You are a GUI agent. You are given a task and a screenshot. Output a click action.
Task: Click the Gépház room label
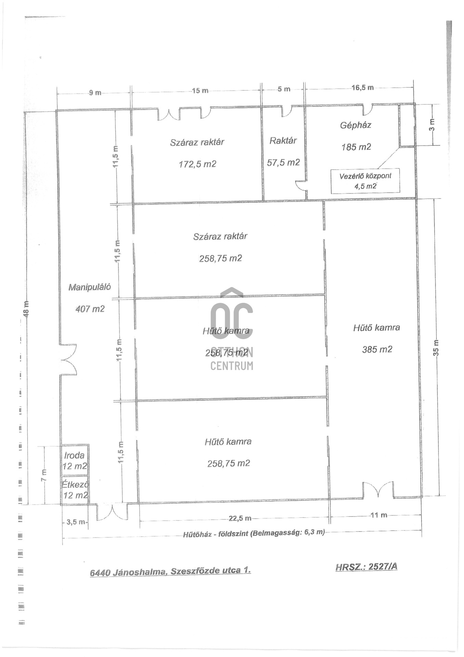[x=355, y=125]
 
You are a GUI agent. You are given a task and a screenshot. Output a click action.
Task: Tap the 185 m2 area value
[x=356, y=147]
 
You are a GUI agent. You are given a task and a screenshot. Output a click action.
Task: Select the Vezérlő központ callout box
[x=365, y=181]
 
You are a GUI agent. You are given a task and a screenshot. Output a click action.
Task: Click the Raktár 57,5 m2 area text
[x=283, y=163]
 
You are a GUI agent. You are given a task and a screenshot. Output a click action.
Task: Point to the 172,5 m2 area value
[x=198, y=164]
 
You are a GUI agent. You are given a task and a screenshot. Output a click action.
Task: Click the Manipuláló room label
[x=90, y=287]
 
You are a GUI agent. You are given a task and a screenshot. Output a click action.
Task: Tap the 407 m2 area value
[x=90, y=309]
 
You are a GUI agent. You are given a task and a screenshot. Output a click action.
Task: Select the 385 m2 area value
[x=377, y=349]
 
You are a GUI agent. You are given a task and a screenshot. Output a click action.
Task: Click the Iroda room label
[x=74, y=455]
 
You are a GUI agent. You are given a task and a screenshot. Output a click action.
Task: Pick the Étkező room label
[x=75, y=485]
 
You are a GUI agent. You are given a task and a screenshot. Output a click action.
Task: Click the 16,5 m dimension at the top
[x=363, y=88]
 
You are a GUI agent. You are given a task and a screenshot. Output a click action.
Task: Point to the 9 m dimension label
[x=95, y=92]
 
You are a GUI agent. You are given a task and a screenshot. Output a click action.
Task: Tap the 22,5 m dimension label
[x=240, y=518]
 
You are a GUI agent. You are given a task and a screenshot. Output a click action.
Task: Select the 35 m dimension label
[x=436, y=348]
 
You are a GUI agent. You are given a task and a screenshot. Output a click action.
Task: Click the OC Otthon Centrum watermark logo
[x=232, y=329]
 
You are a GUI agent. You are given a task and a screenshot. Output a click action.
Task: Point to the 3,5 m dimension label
[x=76, y=522]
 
